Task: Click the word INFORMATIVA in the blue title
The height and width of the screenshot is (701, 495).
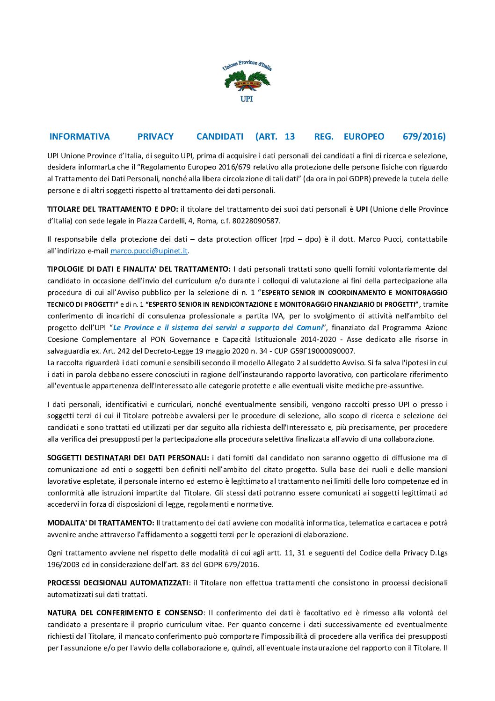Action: click(80, 136)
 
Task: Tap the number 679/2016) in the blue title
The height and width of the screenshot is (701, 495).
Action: click(424, 136)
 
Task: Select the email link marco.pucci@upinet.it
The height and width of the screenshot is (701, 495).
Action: click(149, 251)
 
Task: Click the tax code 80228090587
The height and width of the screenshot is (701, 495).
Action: click(256, 221)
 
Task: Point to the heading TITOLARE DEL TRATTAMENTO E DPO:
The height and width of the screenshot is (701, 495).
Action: click(112, 209)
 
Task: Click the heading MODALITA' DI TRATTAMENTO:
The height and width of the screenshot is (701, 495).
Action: click(101, 523)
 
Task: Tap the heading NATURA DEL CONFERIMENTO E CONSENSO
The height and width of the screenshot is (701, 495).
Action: click(125, 613)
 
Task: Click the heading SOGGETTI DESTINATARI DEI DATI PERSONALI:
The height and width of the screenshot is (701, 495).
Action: click(128, 458)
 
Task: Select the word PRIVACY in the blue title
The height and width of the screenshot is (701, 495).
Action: click(155, 136)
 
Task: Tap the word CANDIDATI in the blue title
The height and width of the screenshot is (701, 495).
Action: click(220, 136)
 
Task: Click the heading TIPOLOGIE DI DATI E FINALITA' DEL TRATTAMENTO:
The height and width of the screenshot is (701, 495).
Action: click(138, 269)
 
